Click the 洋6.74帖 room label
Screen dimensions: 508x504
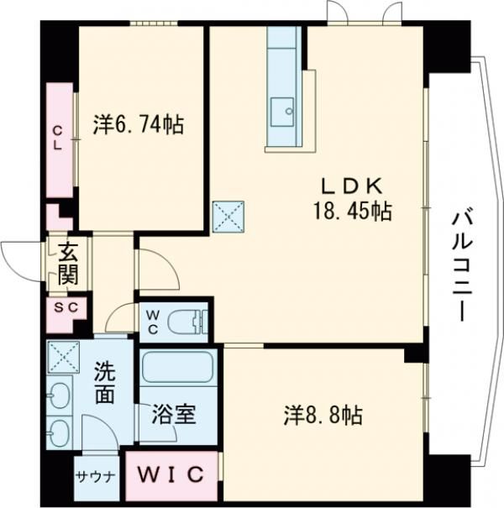click(x=139, y=125)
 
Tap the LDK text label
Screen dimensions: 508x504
click(x=350, y=185)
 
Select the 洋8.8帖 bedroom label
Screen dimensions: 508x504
click(x=323, y=414)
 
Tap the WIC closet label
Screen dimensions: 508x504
click(x=171, y=474)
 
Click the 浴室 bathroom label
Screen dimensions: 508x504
click(x=175, y=414)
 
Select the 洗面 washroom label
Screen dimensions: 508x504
click(x=104, y=382)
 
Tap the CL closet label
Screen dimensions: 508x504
click(x=58, y=137)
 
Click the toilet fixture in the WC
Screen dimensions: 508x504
click(x=186, y=320)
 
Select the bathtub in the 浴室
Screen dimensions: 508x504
click(x=178, y=369)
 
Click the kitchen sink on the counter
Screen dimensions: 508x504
click(x=281, y=109)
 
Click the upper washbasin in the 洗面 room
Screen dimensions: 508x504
click(x=60, y=396)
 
